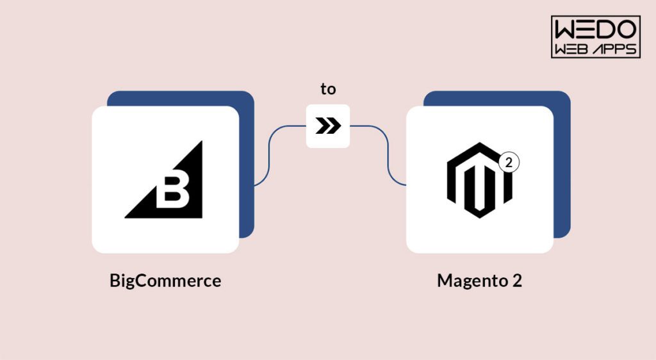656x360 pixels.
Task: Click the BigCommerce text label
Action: [x=165, y=281]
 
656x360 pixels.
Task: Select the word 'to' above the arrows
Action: [x=328, y=89]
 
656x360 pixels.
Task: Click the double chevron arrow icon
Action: [x=328, y=126]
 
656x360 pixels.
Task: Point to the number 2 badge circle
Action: [x=509, y=162]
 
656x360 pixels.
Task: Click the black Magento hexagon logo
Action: [x=479, y=180]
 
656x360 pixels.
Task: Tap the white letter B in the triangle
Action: [x=172, y=192]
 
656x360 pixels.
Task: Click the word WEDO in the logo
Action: [x=595, y=29]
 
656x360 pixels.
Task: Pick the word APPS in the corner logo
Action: [x=616, y=49]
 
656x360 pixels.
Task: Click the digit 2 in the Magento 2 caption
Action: [x=517, y=280]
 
